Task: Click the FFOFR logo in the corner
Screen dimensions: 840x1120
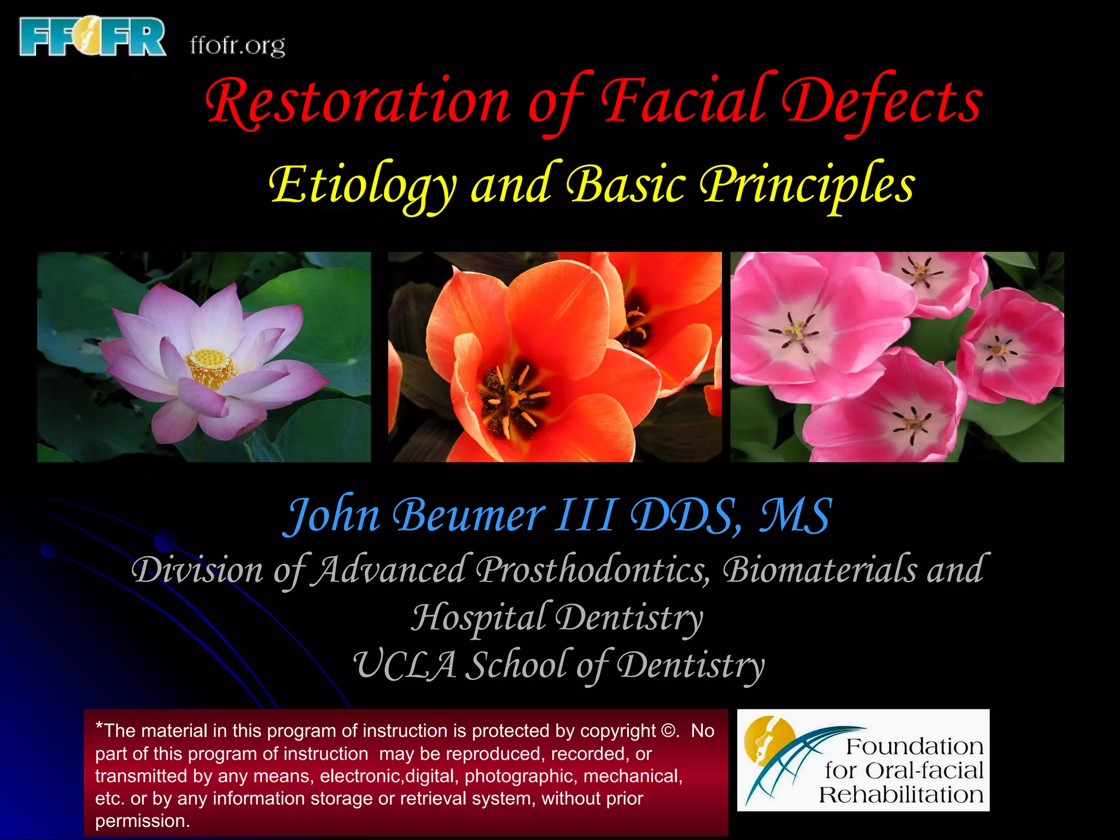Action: coord(92,37)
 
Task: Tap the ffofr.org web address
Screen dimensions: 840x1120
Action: coord(237,46)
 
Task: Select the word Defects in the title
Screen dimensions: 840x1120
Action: coord(882,102)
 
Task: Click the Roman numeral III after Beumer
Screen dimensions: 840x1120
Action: coord(586,515)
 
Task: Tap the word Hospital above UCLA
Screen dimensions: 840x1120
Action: coord(479,617)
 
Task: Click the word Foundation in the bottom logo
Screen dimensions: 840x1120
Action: coord(914,746)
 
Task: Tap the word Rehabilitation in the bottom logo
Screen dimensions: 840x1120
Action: coord(901,795)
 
